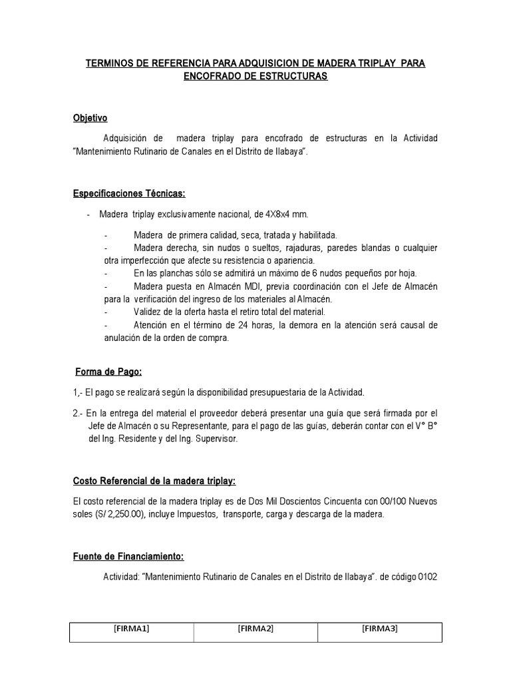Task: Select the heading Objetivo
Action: coord(90,118)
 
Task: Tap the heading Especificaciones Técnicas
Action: coord(129,193)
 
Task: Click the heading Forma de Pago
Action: coord(108,371)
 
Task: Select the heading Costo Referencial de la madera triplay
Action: coord(154,481)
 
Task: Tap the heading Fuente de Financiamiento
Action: coord(128,556)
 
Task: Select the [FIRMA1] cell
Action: coord(132,628)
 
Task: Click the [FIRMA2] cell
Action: coord(255,628)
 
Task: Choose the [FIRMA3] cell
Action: coord(380,628)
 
